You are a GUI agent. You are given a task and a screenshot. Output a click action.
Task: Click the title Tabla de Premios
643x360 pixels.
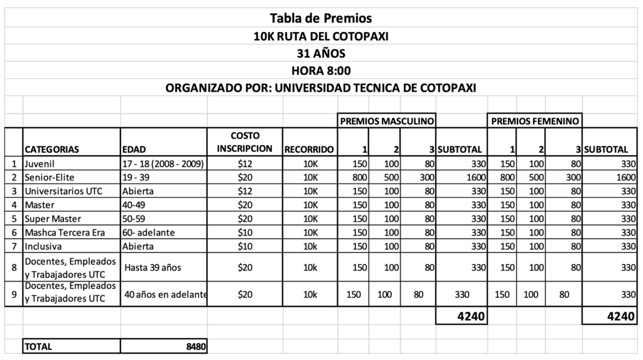click(x=321, y=18)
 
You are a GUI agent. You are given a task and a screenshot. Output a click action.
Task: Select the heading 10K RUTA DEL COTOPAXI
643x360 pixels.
click(x=321, y=36)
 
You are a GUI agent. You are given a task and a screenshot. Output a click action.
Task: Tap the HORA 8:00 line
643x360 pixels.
click(x=321, y=70)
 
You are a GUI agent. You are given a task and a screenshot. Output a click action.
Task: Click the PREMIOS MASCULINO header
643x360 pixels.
click(x=387, y=120)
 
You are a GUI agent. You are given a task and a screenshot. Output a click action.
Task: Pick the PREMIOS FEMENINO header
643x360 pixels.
click(x=534, y=120)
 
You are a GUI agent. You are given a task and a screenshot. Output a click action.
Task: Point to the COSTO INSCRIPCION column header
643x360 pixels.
click(x=245, y=143)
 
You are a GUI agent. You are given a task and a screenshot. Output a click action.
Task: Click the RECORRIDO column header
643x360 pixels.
click(x=310, y=150)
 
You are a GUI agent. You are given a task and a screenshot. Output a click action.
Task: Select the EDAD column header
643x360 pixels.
click(x=134, y=150)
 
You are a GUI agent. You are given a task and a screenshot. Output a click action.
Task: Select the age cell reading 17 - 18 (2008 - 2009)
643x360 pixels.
click(x=163, y=164)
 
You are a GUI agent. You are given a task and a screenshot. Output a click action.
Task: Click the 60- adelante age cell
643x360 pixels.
click(x=149, y=232)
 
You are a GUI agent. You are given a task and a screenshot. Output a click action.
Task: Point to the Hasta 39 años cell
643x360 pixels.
click(x=153, y=268)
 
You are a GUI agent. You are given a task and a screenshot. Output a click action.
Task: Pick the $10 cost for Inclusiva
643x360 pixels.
click(x=245, y=245)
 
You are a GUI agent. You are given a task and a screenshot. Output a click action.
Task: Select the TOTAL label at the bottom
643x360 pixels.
click(x=39, y=346)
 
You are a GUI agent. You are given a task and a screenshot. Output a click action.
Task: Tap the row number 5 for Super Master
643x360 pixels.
click(x=13, y=218)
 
